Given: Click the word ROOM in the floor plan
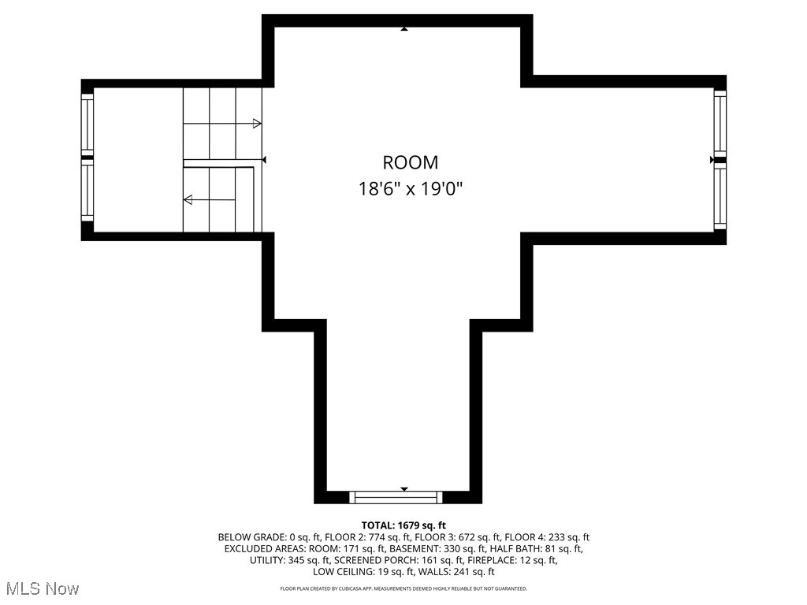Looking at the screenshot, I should [410, 163].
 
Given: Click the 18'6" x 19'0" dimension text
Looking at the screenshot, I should [410, 189].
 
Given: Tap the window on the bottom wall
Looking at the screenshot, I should [396, 497].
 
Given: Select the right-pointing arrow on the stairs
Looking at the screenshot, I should [256, 124].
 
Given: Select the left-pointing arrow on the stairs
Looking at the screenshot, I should [189, 200].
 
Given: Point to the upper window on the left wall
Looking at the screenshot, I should [87, 124].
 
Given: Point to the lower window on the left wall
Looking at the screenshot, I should [87, 192].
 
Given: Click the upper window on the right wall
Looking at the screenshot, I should [720, 123].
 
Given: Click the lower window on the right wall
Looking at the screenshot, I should [720, 197].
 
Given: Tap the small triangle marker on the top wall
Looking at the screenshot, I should [404, 29].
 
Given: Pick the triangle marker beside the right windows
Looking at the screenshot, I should [712, 160].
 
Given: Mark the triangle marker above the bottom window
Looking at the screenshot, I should [404, 489].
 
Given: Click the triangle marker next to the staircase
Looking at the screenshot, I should [265, 160].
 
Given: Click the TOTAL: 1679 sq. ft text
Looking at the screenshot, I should [403, 525].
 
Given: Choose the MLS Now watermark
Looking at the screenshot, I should [43, 588].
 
